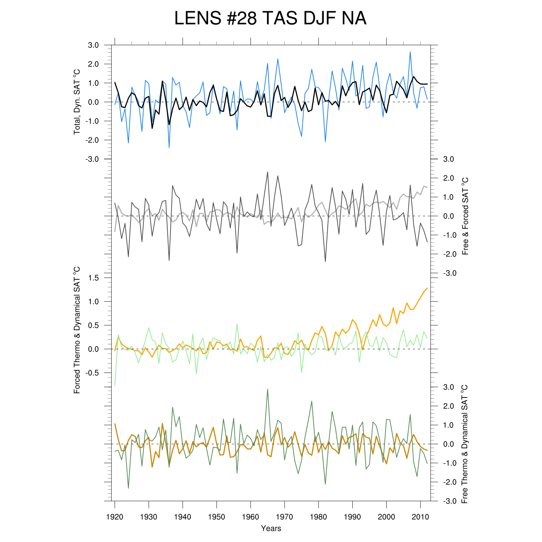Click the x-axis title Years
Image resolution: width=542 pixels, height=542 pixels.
(271, 529)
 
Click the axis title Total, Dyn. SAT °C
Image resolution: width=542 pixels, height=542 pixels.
(77, 102)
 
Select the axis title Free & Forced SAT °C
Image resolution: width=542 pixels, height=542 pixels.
(465, 216)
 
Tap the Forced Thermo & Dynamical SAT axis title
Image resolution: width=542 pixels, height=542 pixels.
(77, 330)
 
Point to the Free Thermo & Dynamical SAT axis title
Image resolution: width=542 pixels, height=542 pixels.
(465, 444)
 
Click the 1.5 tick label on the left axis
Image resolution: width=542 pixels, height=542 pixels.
(93, 278)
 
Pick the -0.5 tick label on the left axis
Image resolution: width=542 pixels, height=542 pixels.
(92, 373)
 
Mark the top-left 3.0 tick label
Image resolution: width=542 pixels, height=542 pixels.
(93, 45)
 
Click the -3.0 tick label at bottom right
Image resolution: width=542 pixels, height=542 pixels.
(449, 501)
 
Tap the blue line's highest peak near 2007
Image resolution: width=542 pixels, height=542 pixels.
(410, 52)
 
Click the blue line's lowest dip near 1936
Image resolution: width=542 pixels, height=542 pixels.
(169, 147)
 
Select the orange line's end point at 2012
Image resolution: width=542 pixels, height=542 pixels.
(427, 288)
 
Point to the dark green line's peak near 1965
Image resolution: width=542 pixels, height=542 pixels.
(267, 389)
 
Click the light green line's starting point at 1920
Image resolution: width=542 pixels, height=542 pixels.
(115, 386)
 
